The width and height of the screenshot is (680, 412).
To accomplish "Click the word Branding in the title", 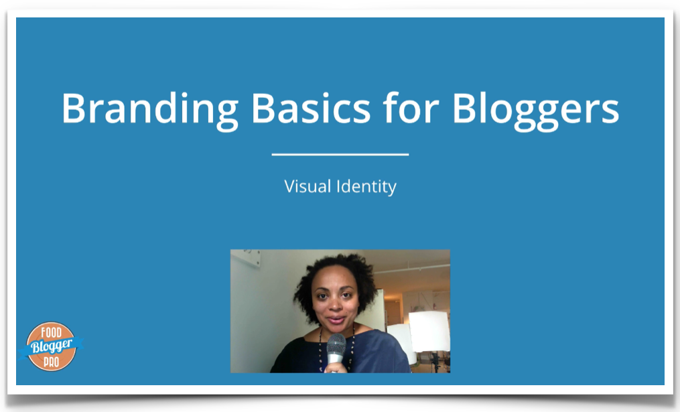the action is (149, 110).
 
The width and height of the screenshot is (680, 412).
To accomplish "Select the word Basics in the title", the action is (311, 108).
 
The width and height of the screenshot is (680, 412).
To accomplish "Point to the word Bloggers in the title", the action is (535, 110).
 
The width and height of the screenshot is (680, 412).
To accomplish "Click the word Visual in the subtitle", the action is (308, 186).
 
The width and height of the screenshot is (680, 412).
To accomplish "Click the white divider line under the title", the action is (340, 154).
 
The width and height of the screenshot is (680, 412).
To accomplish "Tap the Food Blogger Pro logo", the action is (51, 346).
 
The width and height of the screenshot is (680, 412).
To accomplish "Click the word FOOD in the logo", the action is (51, 333).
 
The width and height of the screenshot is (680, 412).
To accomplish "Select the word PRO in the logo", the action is (51, 361).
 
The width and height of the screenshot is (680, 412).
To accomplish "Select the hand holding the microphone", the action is (336, 367).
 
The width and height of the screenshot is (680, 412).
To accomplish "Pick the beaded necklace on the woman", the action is (336, 347).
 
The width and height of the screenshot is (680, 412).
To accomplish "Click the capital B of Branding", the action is (75, 109).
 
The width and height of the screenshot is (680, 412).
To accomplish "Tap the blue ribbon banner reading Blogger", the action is (51, 347).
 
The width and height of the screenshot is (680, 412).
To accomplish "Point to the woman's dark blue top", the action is (373, 354).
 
